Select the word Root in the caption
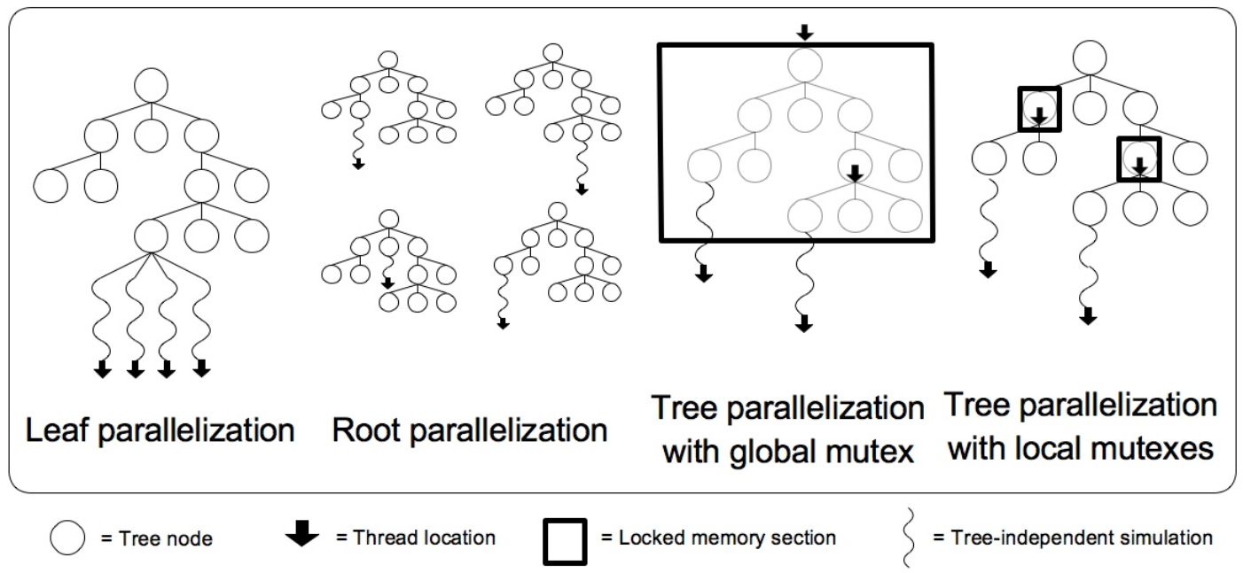pyautogui.click(x=364, y=431)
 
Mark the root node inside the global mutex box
pyautogui.click(x=802, y=65)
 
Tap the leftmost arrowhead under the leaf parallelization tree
pyautogui.click(x=103, y=368)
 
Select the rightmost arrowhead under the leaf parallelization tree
pyautogui.click(x=202, y=368)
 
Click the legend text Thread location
pyautogui.click(x=424, y=538)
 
